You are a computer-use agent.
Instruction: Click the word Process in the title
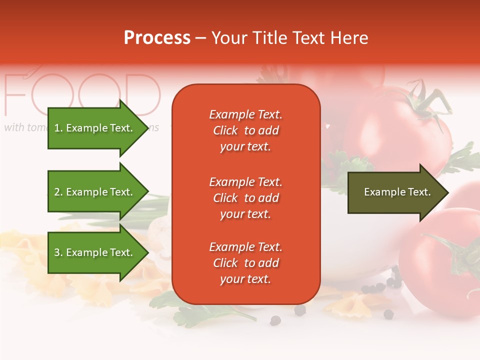(157, 38)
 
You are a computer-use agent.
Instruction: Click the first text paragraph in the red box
(245, 130)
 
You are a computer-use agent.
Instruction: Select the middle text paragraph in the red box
(245, 198)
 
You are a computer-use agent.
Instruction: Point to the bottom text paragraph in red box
(245, 263)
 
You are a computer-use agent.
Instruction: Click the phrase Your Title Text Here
(289, 38)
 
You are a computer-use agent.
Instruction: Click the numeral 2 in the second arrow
(57, 192)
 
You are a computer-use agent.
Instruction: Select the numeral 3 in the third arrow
(57, 252)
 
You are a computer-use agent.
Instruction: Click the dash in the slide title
(200, 38)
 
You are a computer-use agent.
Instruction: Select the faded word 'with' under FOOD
(14, 127)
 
